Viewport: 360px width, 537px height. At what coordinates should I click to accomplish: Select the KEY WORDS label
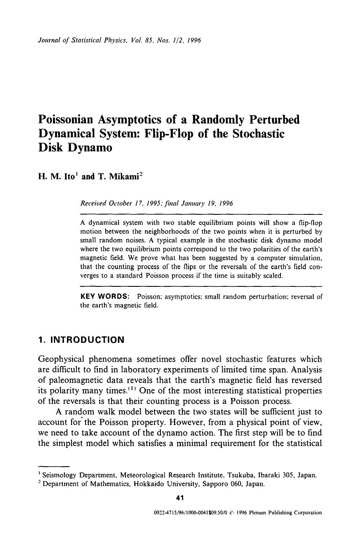coord(104,297)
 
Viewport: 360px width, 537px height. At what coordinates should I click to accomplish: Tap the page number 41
coord(180,498)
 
